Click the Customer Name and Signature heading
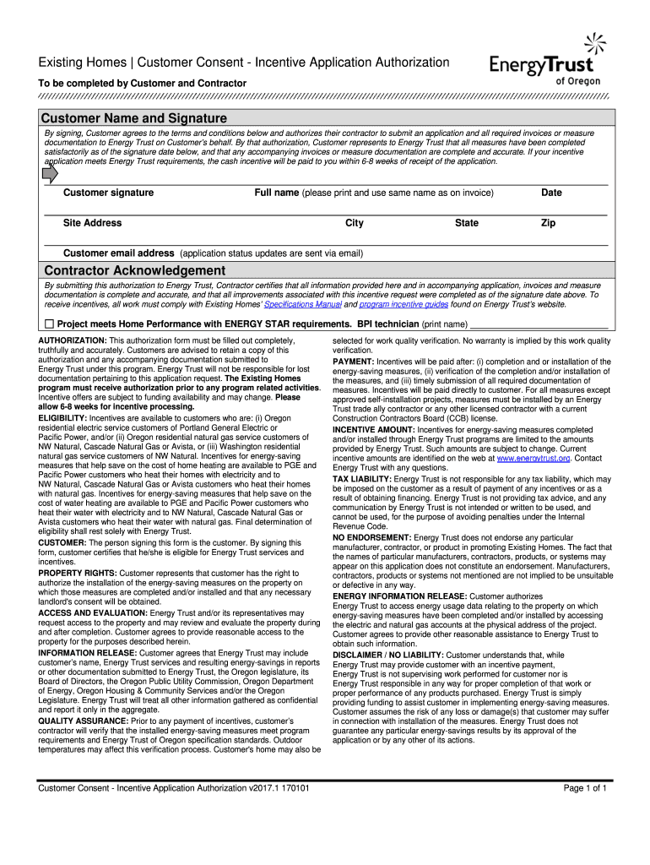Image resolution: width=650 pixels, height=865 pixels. pyautogui.click(x=134, y=118)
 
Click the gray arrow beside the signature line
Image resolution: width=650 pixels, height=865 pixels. pyautogui.click(x=50, y=173)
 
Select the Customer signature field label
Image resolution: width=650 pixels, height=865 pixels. pyautogui.click(x=109, y=193)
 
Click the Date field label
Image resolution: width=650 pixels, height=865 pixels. pyautogui.click(x=551, y=193)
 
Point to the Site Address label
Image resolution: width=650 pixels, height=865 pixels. pyautogui.click(x=93, y=223)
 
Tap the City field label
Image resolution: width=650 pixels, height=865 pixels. pyautogui.click(x=355, y=223)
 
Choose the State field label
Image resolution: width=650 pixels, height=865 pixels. pyautogui.click(x=466, y=223)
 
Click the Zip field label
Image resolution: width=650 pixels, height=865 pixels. pyautogui.click(x=549, y=223)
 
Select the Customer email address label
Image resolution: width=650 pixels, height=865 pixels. pyautogui.click(x=119, y=253)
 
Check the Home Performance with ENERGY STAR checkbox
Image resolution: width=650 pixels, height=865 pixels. pyautogui.click(x=49, y=324)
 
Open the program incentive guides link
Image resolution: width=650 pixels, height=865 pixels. pyautogui.click(x=396, y=304)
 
